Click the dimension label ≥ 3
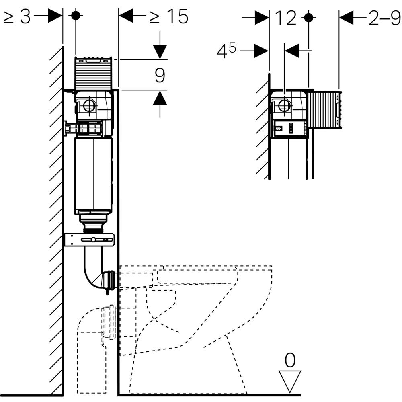pos(17,16)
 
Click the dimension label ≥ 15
pos(169,16)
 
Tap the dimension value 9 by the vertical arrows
pos(160,75)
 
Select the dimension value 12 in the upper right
pos(285,18)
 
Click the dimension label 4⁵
pos(228,51)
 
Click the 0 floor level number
pos(289,361)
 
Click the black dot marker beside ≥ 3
pos(76,16)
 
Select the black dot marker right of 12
pos(308,18)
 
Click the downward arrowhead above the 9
pos(160,52)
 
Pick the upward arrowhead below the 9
pos(160,98)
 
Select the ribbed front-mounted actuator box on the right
pos(324,110)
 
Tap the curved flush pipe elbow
pos(96,273)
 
